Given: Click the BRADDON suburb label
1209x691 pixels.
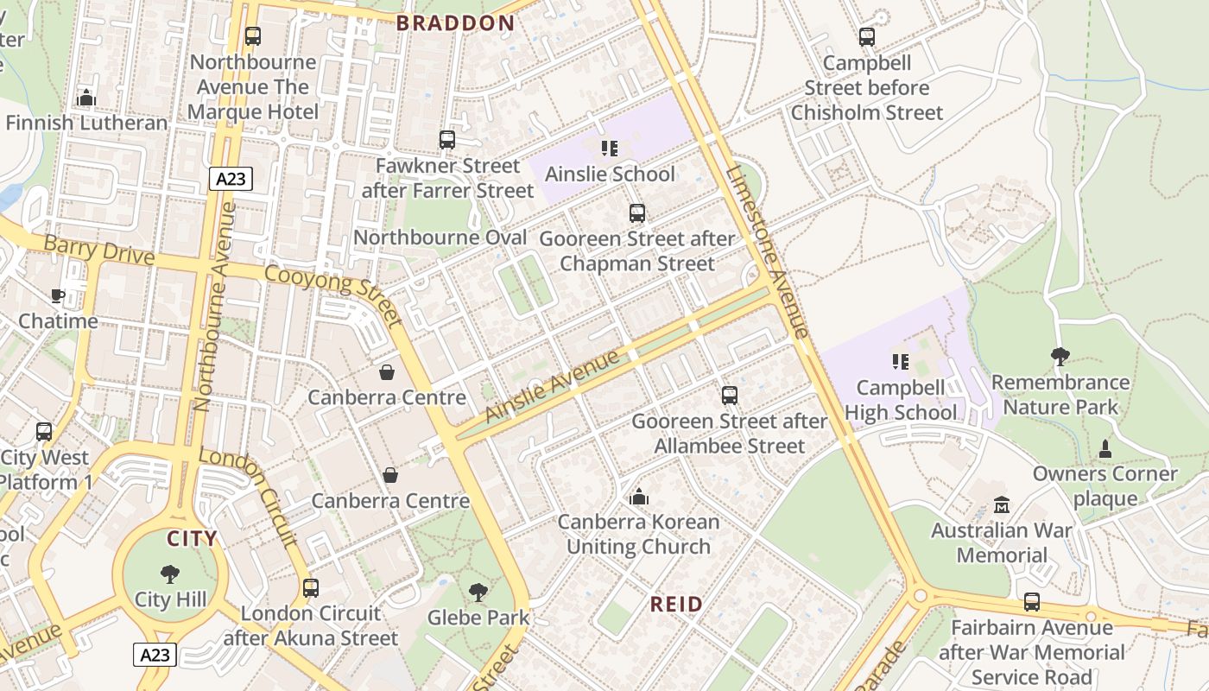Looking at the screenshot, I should (x=455, y=23).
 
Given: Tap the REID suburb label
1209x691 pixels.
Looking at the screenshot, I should (x=676, y=604).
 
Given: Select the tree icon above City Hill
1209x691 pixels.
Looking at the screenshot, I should (x=170, y=574).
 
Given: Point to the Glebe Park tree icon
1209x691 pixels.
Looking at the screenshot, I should (x=478, y=593).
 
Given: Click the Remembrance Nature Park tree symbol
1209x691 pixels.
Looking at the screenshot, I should (x=1060, y=356).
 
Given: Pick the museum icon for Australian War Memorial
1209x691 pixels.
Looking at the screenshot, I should (x=1002, y=504).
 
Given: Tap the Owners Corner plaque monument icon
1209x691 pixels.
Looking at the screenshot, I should (x=1105, y=448).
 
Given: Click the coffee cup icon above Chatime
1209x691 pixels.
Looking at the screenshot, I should (x=58, y=295).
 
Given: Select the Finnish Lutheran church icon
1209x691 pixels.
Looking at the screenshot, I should (x=85, y=98).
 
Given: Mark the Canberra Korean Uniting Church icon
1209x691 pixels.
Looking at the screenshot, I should (x=639, y=497).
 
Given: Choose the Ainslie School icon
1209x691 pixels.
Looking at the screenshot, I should (x=610, y=149).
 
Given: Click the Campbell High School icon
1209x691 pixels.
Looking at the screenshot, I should (x=900, y=362).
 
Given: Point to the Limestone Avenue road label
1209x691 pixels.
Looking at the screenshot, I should (x=767, y=250).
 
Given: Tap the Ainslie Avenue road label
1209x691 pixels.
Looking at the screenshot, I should (x=553, y=385).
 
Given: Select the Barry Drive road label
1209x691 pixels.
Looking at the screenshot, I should (x=98, y=250).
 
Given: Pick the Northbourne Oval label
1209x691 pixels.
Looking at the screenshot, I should (x=440, y=238).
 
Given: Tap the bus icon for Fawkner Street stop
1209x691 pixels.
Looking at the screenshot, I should (x=446, y=140).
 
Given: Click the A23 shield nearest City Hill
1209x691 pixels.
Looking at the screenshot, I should (x=155, y=655).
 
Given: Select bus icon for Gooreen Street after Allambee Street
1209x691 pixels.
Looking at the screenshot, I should (x=730, y=396).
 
